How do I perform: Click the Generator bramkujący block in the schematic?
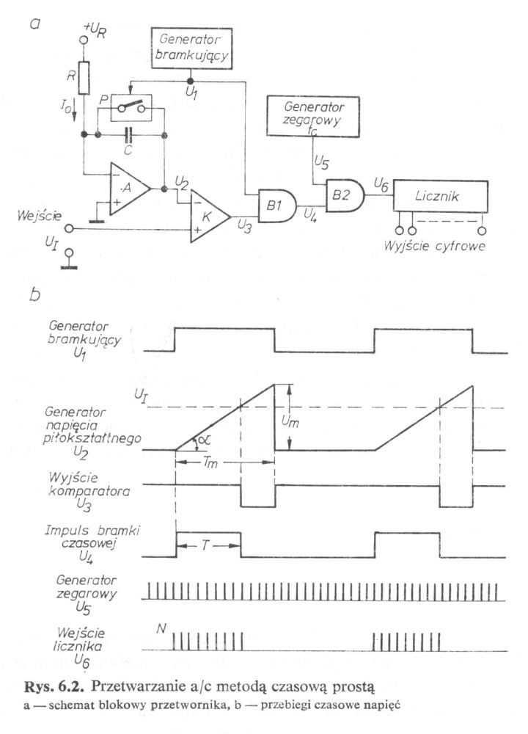click(191, 48)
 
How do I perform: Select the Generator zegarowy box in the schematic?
click(313, 117)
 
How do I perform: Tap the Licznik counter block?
click(441, 196)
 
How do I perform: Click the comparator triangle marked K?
click(210, 217)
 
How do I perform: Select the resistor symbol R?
click(84, 78)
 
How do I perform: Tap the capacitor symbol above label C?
click(130, 136)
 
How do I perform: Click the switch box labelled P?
click(131, 108)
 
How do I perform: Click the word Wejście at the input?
click(40, 217)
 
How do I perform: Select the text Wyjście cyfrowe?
click(435, 246)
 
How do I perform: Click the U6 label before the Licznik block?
click(381, 186)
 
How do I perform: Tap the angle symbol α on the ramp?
click(204, 440)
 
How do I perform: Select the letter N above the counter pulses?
click(161, 628)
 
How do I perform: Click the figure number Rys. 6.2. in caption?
click(54, 687)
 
